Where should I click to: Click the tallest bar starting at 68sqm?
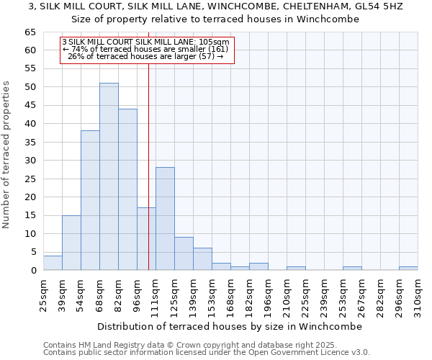(109, 176)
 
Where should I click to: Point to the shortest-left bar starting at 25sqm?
(53, 263)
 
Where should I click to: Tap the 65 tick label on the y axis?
(30, 32)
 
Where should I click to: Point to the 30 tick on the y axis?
(30, 161)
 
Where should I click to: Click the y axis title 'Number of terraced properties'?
(7, 155)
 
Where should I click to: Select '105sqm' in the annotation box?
(213, 42)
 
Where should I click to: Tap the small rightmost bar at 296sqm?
(408, 269)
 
